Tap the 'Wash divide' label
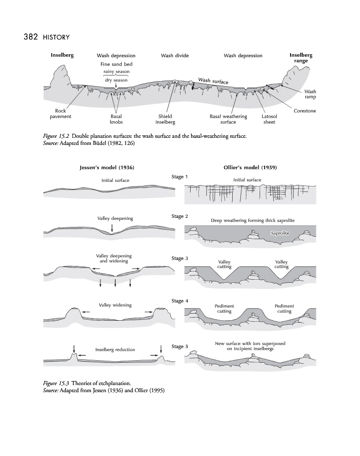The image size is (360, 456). (174, 56)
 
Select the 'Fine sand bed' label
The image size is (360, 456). (117, 64)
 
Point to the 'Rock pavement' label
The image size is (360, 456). (60, 113)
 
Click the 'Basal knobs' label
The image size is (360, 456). (116, 119)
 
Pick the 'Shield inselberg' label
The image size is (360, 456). (165, 119)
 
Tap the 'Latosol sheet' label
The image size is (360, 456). (269, 119)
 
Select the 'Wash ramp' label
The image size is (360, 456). (310, 94)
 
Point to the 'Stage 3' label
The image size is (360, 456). (180, 258)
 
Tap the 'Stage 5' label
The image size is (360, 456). (180, 347)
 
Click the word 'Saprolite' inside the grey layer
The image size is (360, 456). (280, 233)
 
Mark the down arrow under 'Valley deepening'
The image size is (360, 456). (112, 230)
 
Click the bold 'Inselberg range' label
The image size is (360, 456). (301, 58)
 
